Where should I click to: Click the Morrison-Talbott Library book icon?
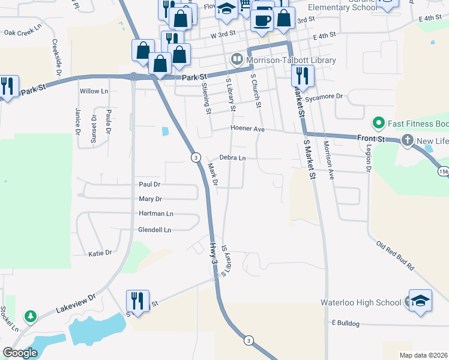click(237, 59)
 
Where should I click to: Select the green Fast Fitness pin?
click(378, 124)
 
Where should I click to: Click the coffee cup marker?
click(262, 20)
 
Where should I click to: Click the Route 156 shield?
click(443, 172)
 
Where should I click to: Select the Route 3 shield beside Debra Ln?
click(195, 157)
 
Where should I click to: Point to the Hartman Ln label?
click(156, 214)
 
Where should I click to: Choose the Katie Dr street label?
click(100, 253)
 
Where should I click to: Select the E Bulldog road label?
click(345, 323)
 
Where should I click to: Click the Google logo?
click(20, 353)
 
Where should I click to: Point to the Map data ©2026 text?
click(423, 355)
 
